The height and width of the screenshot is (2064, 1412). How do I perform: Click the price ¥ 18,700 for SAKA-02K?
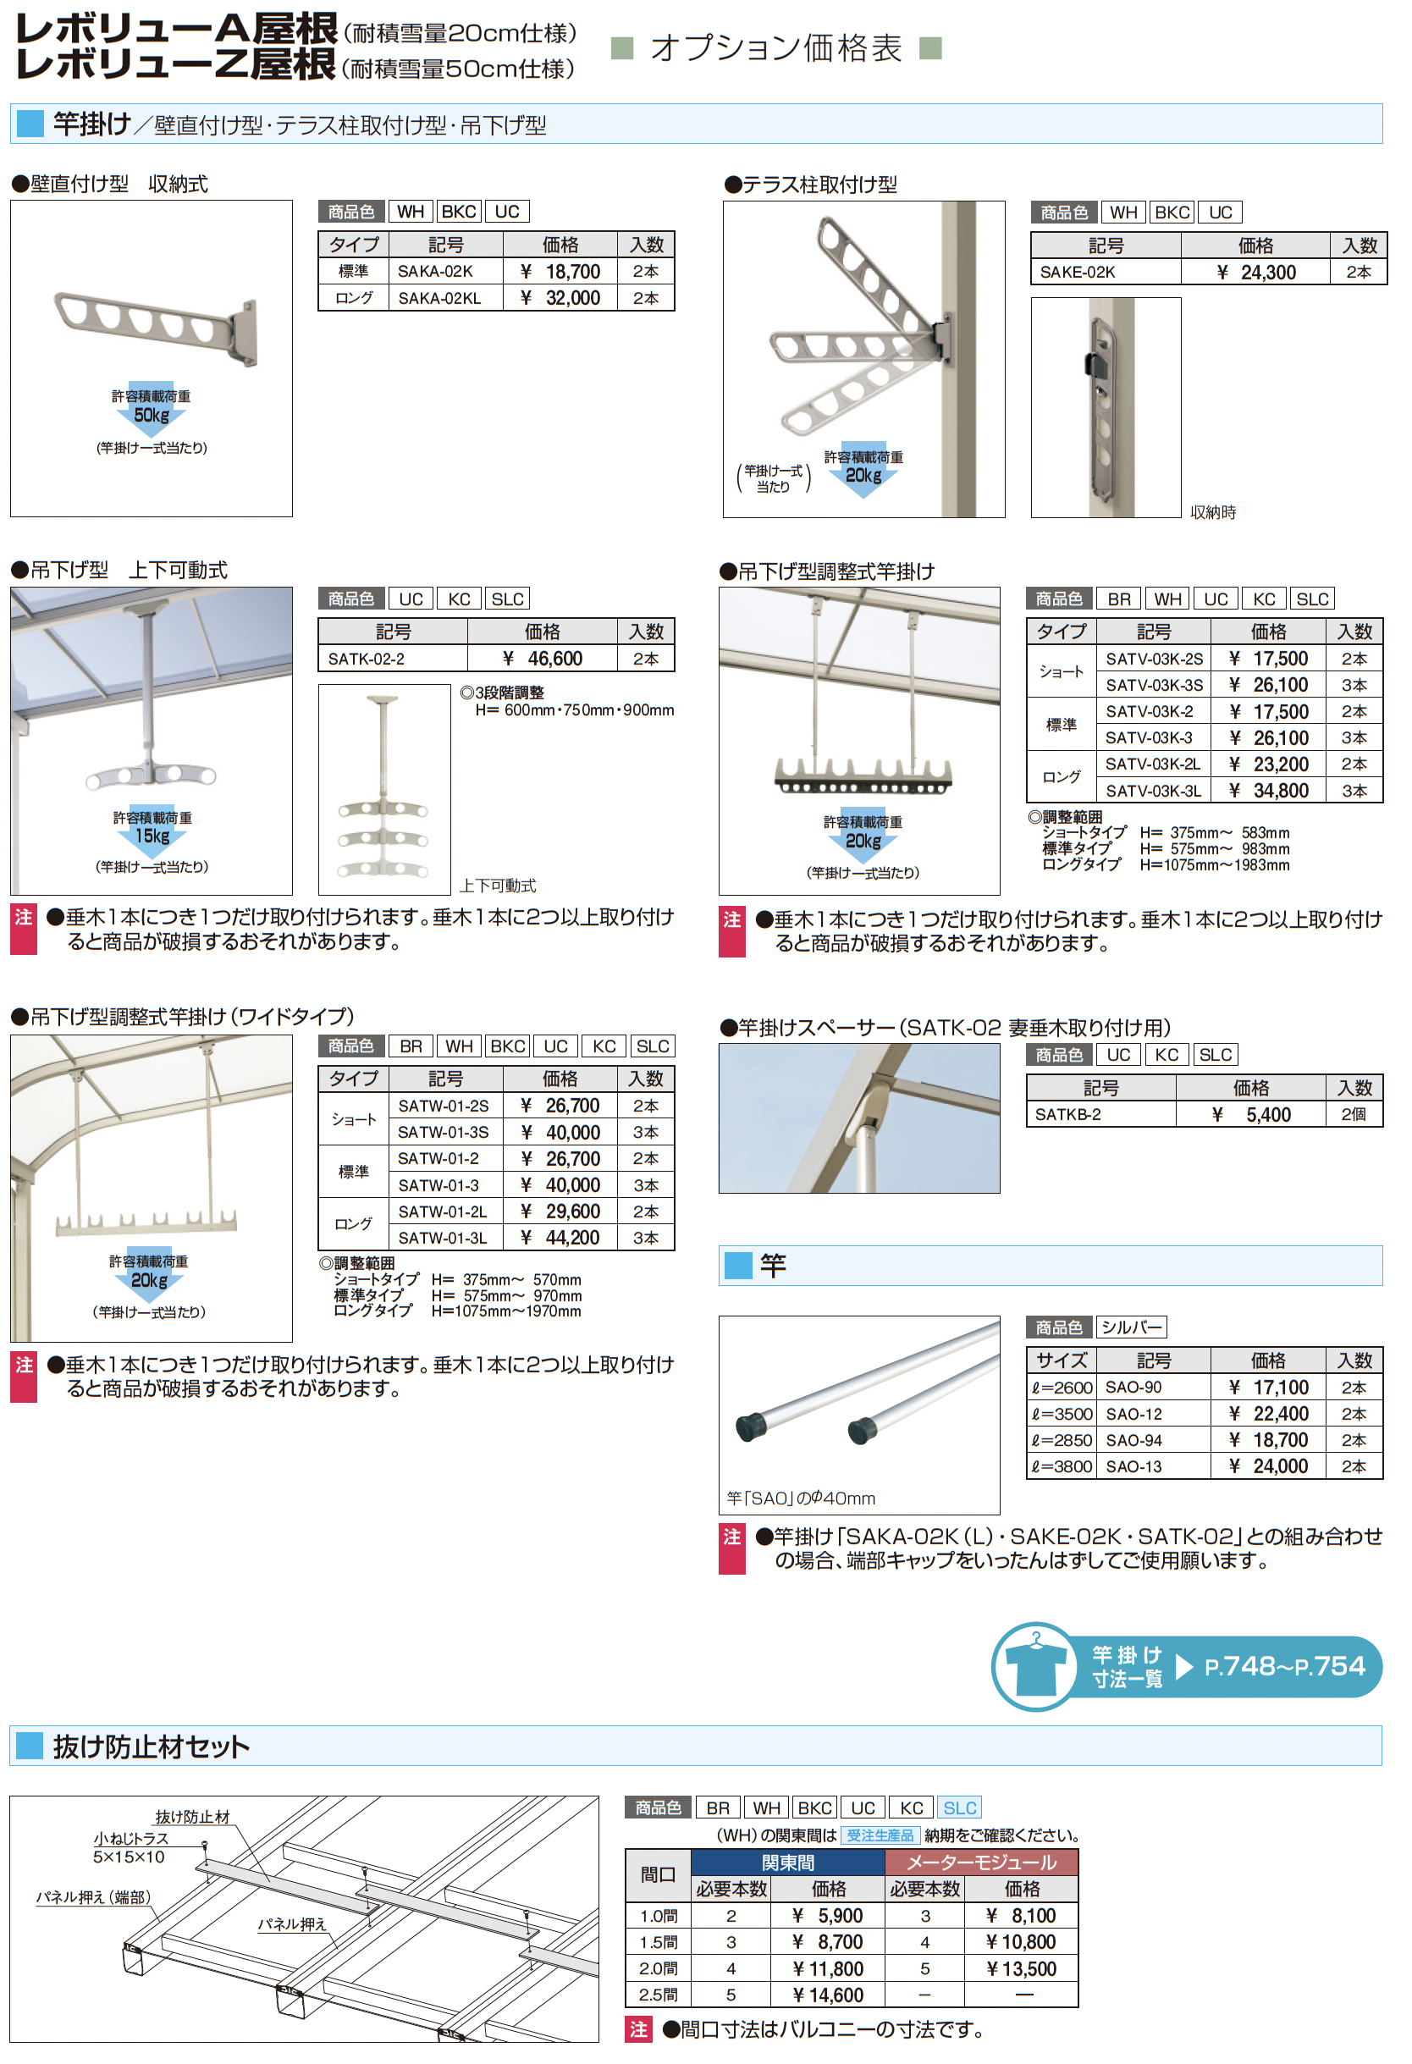coord(560,272)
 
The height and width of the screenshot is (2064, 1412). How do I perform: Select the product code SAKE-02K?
coord(1078,273)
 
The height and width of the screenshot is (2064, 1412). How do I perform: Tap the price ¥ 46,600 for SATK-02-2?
coord(543,659)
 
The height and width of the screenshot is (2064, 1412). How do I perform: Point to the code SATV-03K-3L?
coord(1154,792)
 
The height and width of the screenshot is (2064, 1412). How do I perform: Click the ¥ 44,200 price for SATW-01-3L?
coord(560,1238)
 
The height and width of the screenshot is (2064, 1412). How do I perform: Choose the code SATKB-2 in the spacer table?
coord(1068,1115)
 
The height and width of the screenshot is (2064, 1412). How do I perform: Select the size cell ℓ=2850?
coord(1062,1441)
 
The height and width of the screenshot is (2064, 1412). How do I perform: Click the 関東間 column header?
coord(788,1863)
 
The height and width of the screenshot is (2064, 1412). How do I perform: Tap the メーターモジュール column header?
coord(981,1863)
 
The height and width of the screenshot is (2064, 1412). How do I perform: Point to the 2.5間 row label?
coord(658,1995)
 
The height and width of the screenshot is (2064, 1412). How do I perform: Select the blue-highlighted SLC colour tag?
coord(960,1808)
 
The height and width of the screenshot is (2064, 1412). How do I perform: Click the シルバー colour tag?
coord(1131,1327)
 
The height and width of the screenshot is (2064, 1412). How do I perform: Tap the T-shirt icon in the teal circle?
coord(1034,1668)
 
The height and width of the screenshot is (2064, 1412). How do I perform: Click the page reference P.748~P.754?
coord(1284,1666)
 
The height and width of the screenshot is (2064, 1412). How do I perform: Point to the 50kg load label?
coord(152,416)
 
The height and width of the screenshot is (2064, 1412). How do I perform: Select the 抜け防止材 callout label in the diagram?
coord(193,1817)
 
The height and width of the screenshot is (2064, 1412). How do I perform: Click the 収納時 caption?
coord(1213,512)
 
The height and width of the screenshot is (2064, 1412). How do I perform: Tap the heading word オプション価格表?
coord(776,48)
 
